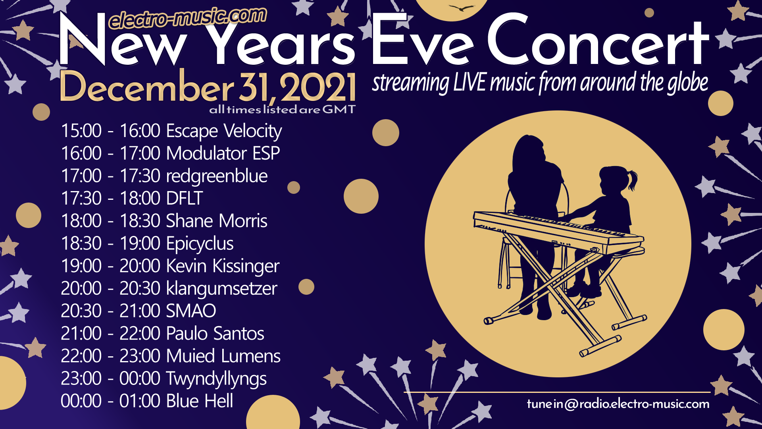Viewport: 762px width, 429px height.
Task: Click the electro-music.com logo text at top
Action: [187, 18]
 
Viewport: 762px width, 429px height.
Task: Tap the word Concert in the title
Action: [598, 39]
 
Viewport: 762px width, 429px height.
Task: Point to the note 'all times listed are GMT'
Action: [282, 109]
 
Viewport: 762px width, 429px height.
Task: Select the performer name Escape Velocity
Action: [224, 131]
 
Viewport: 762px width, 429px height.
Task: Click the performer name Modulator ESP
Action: [223, 153]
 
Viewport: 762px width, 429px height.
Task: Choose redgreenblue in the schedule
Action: [217, 176]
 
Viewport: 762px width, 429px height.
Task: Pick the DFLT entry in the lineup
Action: [185, 198]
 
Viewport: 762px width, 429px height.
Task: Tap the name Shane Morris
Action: [217, 221]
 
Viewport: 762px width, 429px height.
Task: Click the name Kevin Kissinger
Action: [223, 266]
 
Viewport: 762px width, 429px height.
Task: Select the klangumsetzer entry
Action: [221, 289]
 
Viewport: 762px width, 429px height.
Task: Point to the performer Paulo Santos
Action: [215, 334]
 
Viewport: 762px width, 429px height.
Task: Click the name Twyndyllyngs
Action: [216, 379]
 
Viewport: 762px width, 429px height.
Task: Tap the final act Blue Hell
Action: [200, 401]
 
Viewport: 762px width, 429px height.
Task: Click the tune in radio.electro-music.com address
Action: [618, 404]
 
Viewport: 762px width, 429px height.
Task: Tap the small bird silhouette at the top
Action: [462, 8]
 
